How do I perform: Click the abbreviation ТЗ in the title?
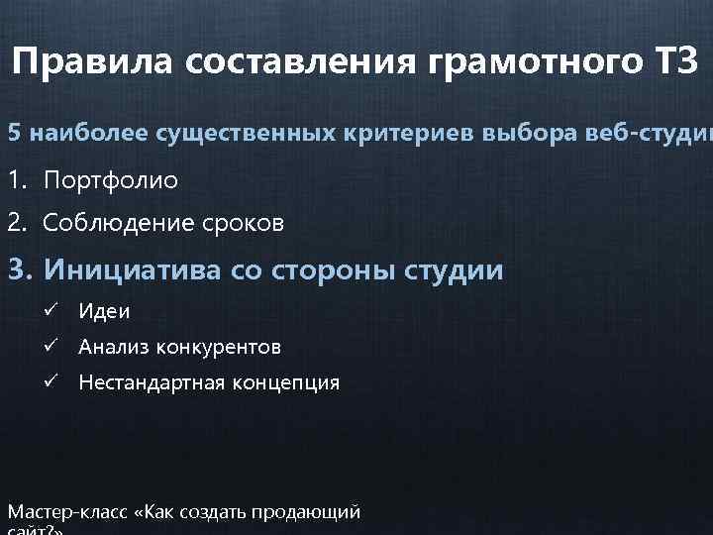coord(676,63)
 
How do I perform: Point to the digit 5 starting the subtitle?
coord(14,133)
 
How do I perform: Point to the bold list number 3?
coord(19,269)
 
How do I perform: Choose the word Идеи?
coord(104,312)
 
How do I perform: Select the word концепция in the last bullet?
coord(288,382)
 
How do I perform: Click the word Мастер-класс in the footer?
coord(69,512)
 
